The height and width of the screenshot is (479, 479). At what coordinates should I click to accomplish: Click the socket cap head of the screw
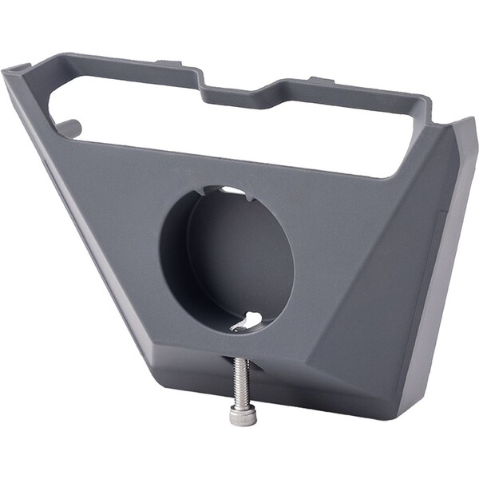(x=243, y=414)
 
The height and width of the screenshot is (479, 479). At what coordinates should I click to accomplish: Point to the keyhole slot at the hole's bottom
(x=248, y=321)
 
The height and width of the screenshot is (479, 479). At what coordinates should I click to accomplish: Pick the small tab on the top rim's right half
(x=321, y=80)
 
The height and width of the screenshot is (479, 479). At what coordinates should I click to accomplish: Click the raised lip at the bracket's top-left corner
(x=18, y=71)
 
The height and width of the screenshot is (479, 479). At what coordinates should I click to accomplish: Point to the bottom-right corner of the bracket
(x=403, y=415)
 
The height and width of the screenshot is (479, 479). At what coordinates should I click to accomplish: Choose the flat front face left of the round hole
(x=112, y=216)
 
